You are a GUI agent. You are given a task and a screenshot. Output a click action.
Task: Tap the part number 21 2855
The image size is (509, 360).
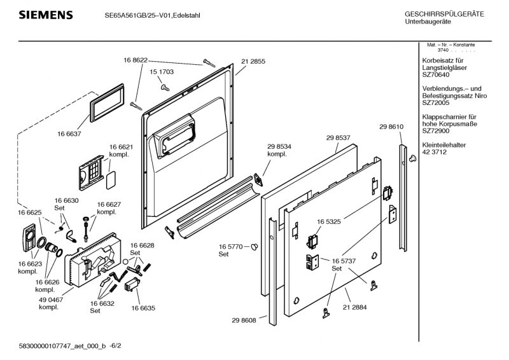[253, 61]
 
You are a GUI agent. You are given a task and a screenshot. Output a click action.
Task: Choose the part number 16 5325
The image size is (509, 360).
[330, 221]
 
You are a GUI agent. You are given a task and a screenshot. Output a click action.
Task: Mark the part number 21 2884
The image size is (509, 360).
[354, 307]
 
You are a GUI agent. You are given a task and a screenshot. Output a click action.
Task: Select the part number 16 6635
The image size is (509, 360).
[143, 307]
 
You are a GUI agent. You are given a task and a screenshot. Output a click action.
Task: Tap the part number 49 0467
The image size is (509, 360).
[48, 300]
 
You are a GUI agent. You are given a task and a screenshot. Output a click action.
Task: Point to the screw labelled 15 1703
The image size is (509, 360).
[164, 86]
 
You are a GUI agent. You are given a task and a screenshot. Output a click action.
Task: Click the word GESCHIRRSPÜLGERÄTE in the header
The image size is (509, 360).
[444, 14]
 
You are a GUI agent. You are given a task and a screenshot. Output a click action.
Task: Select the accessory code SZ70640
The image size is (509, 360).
[436, 74]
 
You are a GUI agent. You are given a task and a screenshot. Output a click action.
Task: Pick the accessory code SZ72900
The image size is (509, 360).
[436, 130]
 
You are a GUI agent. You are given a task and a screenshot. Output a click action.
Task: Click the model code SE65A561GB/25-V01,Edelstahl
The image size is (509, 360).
[153, 15]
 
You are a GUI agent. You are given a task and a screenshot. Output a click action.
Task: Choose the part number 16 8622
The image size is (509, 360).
[136, 60]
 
